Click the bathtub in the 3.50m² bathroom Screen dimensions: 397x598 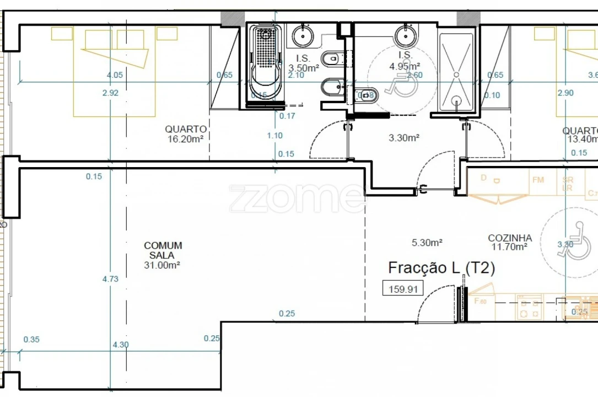point(265,63)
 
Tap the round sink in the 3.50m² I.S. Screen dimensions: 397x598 point(303,36)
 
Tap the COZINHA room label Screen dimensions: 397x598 point(510,238)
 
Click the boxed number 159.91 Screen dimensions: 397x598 point(403,288)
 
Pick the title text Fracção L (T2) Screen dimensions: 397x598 point(441,268)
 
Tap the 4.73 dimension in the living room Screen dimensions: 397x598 point(110,279)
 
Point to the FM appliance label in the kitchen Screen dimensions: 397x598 point(538,179)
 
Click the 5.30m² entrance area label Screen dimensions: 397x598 point(428,242)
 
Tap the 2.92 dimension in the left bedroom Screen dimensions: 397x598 point(110,93)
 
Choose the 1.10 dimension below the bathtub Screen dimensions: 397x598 point(274,135)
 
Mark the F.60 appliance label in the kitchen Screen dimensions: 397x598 point(480,301)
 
